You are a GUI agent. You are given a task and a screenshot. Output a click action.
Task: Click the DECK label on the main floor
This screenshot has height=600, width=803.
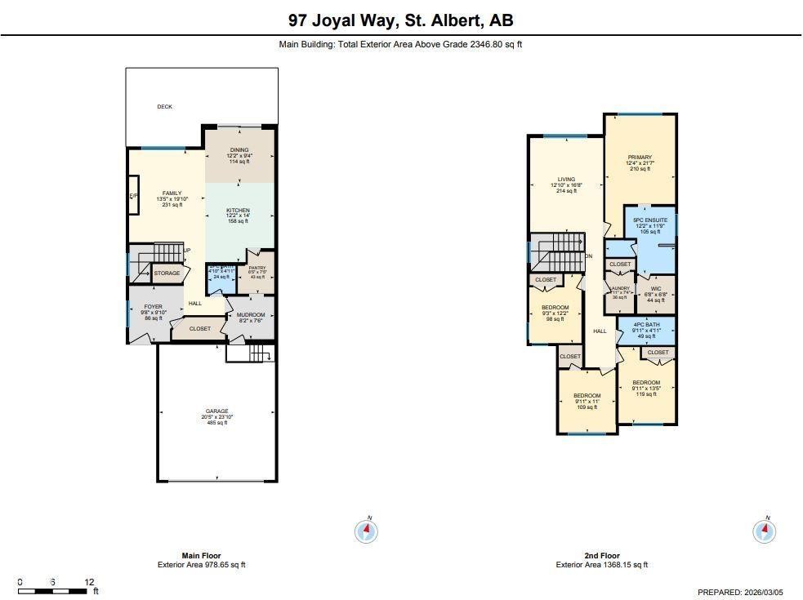click(164, 107)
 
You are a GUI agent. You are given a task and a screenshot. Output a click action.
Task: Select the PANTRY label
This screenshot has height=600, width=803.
click(257, 267)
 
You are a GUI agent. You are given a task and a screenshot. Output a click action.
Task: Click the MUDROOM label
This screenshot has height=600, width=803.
click(251, 315)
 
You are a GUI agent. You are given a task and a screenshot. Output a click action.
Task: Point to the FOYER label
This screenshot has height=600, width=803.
click(153, 307)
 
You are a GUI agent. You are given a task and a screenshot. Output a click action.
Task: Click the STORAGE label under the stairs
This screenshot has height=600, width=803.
click(167, 273)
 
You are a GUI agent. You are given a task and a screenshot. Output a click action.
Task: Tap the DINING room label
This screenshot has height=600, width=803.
click(239, 150)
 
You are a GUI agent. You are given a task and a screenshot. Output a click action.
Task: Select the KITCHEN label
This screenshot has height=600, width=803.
click(239, 211)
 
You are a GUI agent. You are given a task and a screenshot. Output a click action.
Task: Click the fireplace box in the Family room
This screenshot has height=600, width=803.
click(133, 196)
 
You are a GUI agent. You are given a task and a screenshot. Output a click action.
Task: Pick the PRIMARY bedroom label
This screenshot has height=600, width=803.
click(640, 158)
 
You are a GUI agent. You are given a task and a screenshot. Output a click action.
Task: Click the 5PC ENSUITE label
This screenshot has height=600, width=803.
click(650, 220)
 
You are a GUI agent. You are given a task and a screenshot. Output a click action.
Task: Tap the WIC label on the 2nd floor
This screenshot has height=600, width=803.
click(655, 288)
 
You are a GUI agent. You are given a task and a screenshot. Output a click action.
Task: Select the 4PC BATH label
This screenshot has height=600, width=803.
click(645, 325)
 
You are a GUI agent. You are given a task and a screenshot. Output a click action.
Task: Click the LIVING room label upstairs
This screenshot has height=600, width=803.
click(566, 180)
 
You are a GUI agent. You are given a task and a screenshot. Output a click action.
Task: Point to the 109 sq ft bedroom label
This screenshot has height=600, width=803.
click(587, 396)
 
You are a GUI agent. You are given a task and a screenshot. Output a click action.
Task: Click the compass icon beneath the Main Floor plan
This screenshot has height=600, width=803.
click(367, 531)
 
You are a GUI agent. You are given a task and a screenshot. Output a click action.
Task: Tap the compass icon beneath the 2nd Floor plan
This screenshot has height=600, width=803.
click(764, 531)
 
